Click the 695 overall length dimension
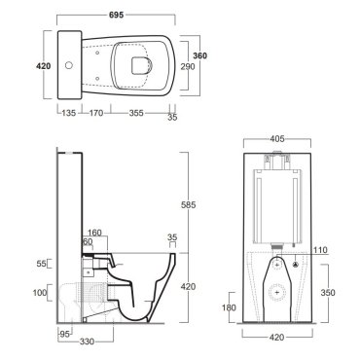[x=116, y=15]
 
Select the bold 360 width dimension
[x=199, y=55]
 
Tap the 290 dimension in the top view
[x=188, y=66]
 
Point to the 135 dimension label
[x=69, y=113]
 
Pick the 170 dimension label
[x=96, y=113]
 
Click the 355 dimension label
[x=136, y=113]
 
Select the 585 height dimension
[x=189, y=205]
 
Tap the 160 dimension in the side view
[x=94, y=233]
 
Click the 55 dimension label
[x=41, y=264]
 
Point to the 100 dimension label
[x=40, y=293]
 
